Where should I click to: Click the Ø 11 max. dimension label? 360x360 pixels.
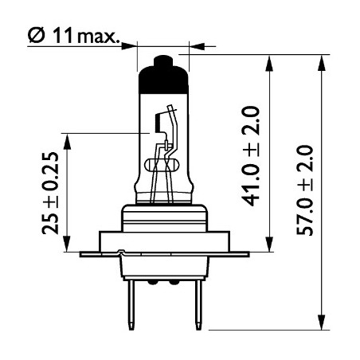(x=72, y=36)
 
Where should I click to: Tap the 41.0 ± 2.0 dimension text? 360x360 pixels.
(x=251, y=156)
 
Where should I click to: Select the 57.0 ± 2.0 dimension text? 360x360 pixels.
(x=305, y=190)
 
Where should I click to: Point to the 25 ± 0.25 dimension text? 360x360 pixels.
(x=50, y=193)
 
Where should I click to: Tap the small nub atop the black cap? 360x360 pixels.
(x=163, y=61)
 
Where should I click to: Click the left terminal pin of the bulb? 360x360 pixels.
(x=131, y=305)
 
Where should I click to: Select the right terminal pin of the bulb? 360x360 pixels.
(x=198, y=305)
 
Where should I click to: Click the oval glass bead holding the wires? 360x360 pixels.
(x=162, y=166)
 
